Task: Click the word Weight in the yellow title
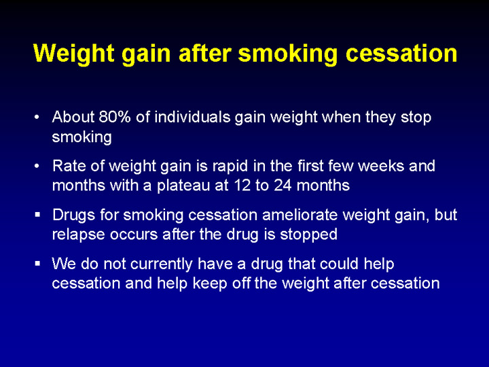74,54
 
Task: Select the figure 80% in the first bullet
115,117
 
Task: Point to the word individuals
192,117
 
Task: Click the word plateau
183,186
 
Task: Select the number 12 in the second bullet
242,186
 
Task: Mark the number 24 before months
283,186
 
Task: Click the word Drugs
73,215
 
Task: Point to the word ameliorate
300,215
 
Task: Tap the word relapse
78,235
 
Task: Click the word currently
161,264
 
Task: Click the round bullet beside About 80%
37,118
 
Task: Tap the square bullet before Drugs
38,215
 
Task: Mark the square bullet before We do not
38,264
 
